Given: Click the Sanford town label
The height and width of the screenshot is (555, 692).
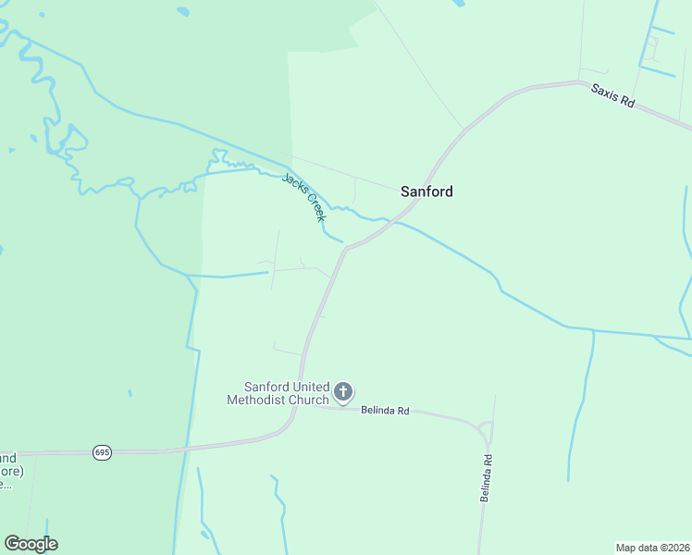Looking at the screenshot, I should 426,191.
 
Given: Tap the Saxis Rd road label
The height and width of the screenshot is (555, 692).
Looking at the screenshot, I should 612,96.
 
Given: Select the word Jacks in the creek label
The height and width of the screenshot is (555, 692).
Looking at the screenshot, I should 294,185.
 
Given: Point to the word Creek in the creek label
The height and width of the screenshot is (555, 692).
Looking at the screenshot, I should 315,207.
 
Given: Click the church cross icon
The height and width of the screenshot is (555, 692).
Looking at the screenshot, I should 343,392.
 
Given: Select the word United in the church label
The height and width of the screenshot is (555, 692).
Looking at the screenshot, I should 306,387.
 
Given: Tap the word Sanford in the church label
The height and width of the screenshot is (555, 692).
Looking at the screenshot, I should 265,387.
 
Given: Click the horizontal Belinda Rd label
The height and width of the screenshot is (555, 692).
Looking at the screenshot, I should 385,410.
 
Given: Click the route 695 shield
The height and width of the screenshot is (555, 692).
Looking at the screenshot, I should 103,452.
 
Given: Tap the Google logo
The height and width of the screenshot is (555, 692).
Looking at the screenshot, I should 31,544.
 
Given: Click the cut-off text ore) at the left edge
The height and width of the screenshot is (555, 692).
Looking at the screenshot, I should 16,470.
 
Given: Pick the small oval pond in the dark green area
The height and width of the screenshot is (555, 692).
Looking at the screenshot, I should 182,12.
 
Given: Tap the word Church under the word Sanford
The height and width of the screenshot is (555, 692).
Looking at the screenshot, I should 307,400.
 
